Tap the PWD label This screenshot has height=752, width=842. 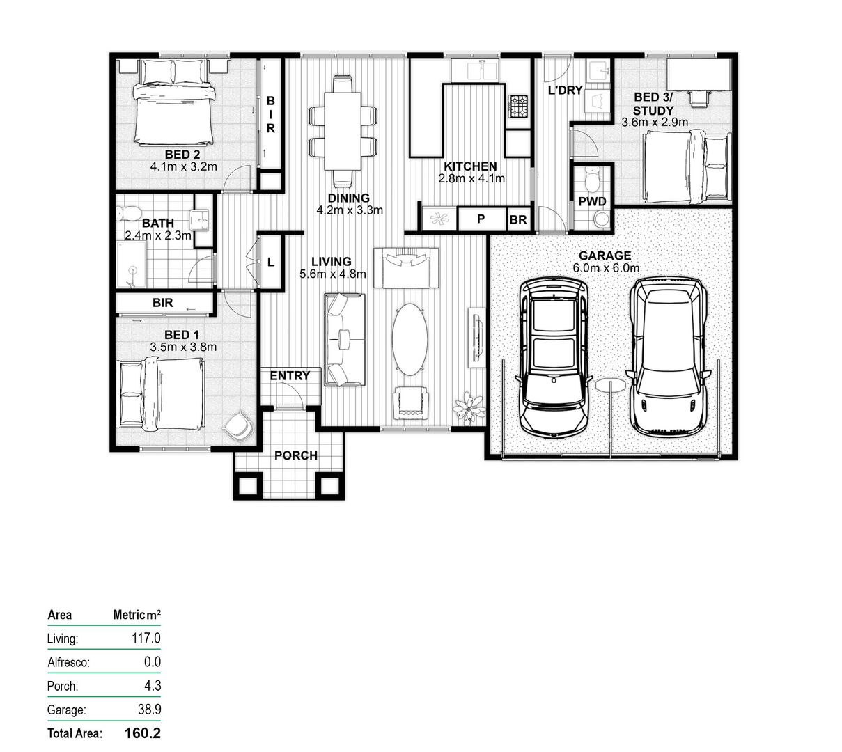pyautogui.click(x=592, y=202)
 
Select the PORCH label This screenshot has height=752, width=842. pyautogui.click(x=295, y=455)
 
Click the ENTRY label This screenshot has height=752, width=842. pyautogui.click(x=290, y=376)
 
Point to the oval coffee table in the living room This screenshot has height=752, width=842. pyautogui.click(x=411, y=339)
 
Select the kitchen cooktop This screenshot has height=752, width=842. pyautogui.click(x=517, y=107)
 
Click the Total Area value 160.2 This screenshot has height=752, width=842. pyautogui.click(x=143, y=733)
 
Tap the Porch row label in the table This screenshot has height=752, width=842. pyautogui.click(x=63, y=686)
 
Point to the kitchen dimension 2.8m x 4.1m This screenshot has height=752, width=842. pyautogui.click(x=471, y=178)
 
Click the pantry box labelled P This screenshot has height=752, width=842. pyautogui.click(x=481, y=219)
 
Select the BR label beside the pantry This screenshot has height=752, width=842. pyautogui.click(x=517, y=219)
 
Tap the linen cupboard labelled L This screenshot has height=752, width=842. pyautogui.click(x=271, y=263)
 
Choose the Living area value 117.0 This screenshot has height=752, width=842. pyautogui.click(x=147, y=639)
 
